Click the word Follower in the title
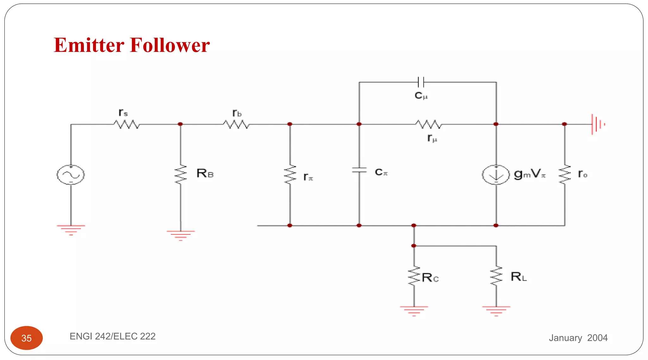(170, 45)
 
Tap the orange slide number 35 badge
(27, 338)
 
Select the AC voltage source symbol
(71, 175)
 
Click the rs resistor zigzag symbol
(126, 124)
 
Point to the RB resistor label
(205, 173)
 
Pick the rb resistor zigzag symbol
(236, 124)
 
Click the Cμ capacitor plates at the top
(421, 82)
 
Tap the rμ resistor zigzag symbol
(428, 124)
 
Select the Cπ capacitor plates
(359, 170)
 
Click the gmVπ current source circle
(496, 175)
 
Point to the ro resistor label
(583, 174)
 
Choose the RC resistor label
(430, 278)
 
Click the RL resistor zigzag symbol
(496, 276)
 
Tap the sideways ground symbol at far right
(597, 124)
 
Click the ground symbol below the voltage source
(71, 230)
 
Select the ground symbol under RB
(181, 235)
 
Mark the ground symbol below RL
(496, 311)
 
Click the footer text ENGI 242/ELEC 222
(113, 336)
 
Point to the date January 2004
(578, 338)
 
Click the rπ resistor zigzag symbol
(290, 175)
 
